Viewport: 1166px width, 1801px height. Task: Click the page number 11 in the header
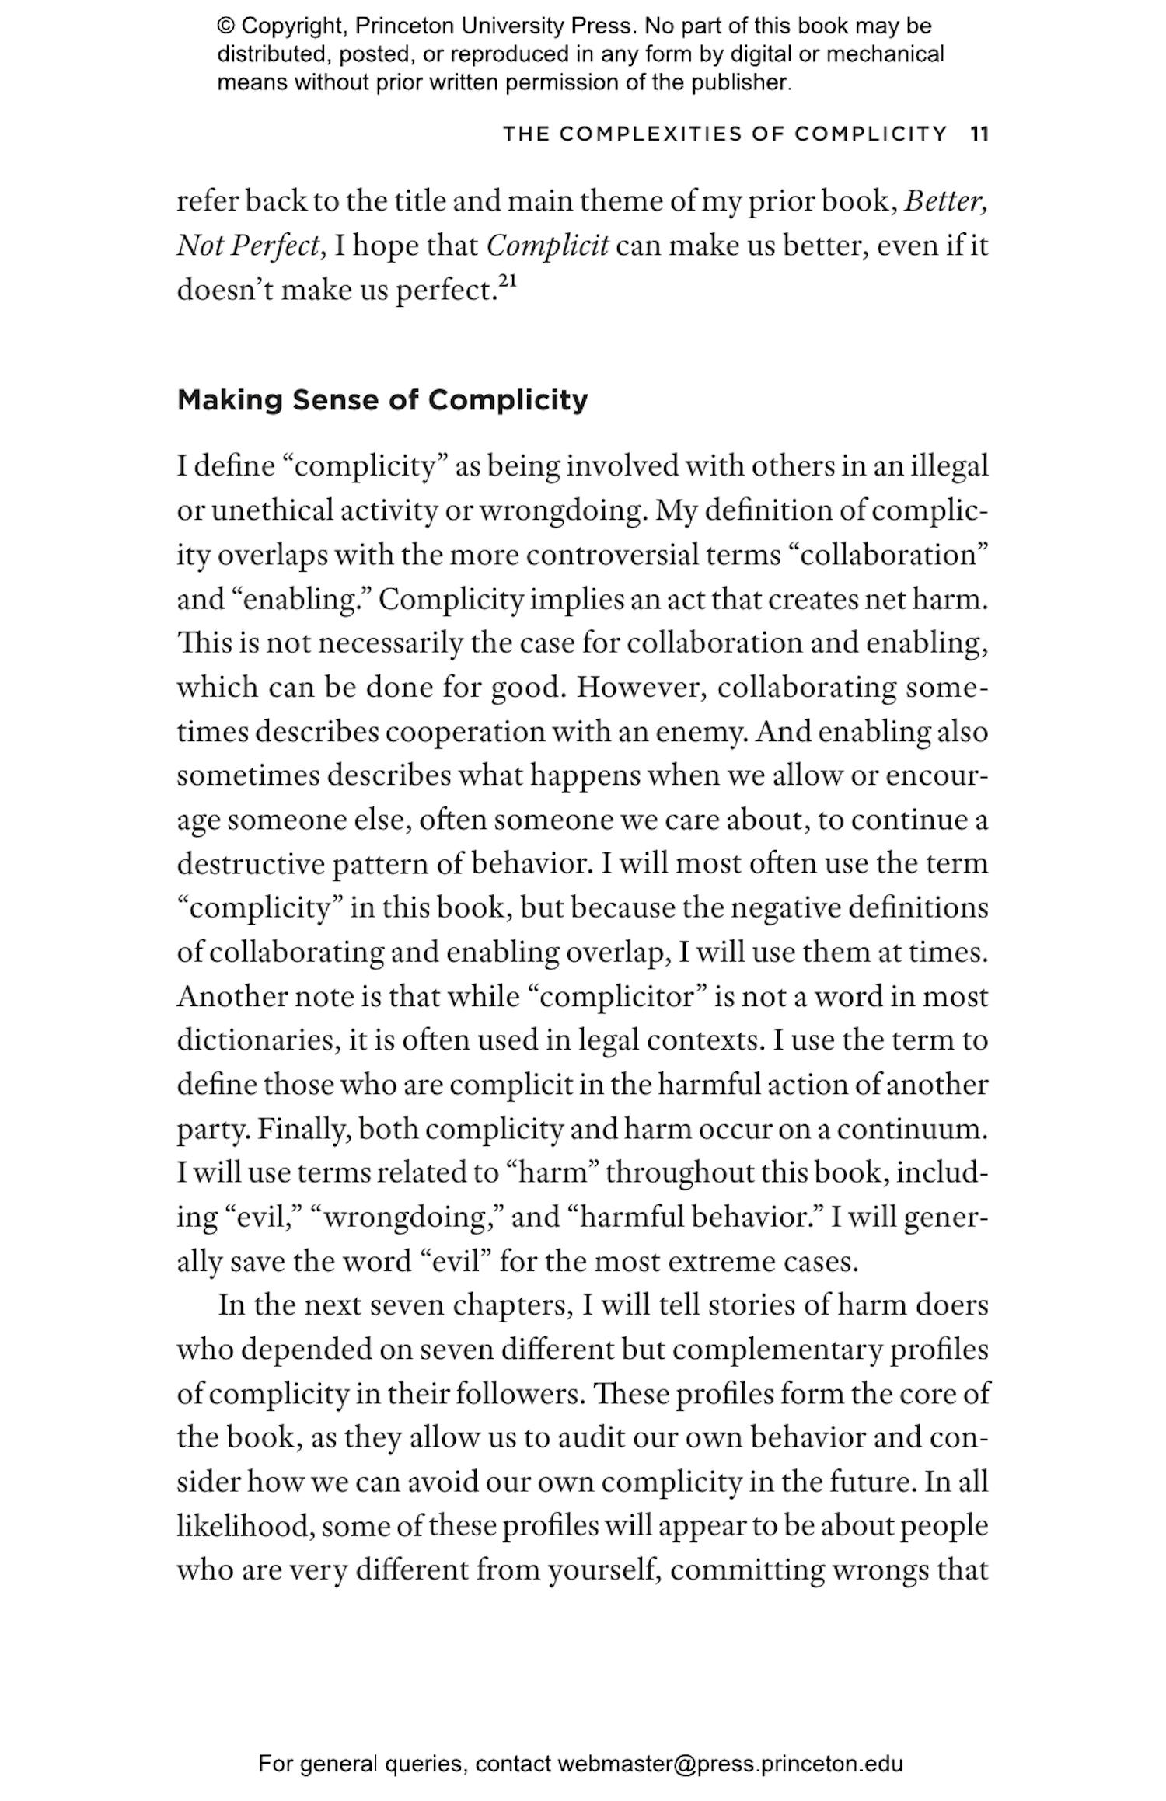pos(979,134)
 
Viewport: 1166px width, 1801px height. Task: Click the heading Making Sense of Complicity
pos(382,400)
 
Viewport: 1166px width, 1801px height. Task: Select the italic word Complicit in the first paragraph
pos(547,246)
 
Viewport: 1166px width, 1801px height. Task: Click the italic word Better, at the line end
pos(946,201)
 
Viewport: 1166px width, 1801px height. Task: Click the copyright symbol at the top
pos(226,26)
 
